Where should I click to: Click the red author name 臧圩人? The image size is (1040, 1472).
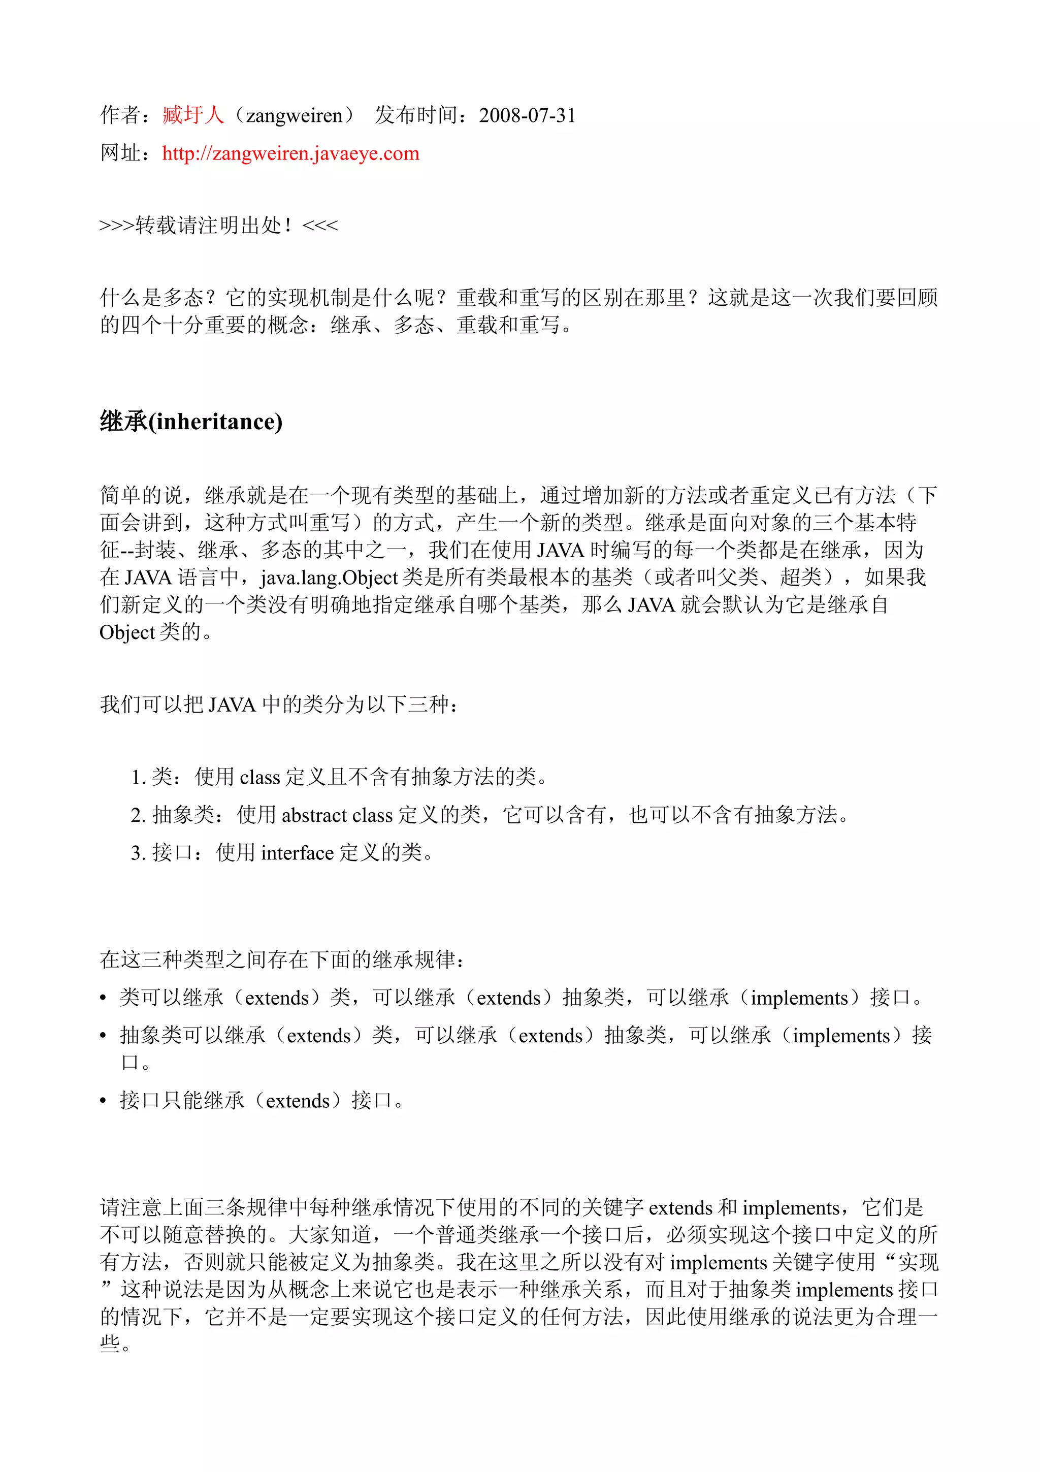193,115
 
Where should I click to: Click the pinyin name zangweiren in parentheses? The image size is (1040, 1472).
294,115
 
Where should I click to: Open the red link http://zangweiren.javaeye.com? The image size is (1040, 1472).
290,154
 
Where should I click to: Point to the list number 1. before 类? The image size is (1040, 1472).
139,778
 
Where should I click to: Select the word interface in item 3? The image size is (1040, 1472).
298,853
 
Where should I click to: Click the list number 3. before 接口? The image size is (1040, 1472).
139,853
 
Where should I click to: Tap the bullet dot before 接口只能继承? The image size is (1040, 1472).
103,1101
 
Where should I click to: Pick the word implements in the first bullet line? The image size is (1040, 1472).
799,998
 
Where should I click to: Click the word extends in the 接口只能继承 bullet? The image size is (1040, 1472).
298,1101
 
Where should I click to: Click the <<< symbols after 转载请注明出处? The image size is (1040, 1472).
320,226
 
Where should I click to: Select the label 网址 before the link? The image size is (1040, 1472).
120,154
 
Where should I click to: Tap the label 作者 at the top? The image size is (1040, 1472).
120,115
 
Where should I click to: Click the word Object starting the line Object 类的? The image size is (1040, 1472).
127,633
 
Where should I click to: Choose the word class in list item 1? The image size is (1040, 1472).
259,778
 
